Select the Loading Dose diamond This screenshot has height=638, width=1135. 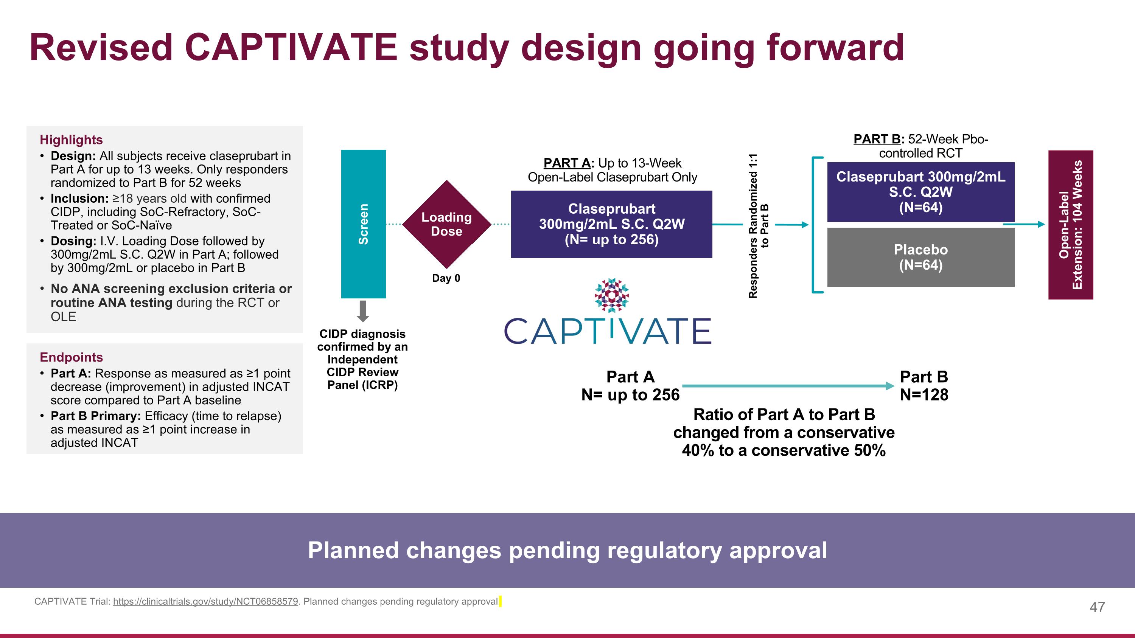click(x=446, y=224)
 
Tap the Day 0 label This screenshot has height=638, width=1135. click(x=446, y=278)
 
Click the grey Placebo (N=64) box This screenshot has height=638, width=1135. click(x=920, y=258)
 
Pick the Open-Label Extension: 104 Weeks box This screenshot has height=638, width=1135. click(x=1070, y=225)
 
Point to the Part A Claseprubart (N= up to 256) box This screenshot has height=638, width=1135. click(x=611, y=224)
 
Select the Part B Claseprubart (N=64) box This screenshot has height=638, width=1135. click(x=920, y=192)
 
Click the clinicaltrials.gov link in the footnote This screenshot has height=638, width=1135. click(x=205, y=601)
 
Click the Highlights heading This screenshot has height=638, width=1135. click(x=71, y=140)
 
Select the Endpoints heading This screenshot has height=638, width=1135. click(x=71, y=357)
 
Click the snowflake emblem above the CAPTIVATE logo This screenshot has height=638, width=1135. click(x=611, y=295)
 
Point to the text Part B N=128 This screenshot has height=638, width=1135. click(x=924, y=386)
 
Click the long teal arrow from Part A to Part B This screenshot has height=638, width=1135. click(x=787, y=386)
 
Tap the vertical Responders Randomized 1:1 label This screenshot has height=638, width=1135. click(x=758, y=225)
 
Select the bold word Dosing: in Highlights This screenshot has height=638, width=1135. click(x=73, y=241)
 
